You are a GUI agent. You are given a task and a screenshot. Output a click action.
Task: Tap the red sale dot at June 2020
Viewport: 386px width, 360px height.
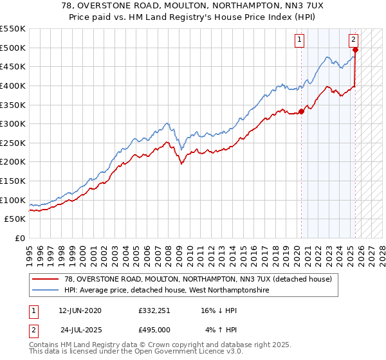[x=301, y=111]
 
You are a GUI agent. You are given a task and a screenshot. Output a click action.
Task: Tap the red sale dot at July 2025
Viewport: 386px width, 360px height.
[x=355, y=49]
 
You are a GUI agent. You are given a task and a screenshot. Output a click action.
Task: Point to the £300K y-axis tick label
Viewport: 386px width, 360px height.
[x=13, y=123]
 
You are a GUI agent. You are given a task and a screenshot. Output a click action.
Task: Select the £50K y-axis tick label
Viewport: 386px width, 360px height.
[x=15, y=219]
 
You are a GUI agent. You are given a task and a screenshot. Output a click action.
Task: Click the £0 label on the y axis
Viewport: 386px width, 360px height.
[x=19, y=239]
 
